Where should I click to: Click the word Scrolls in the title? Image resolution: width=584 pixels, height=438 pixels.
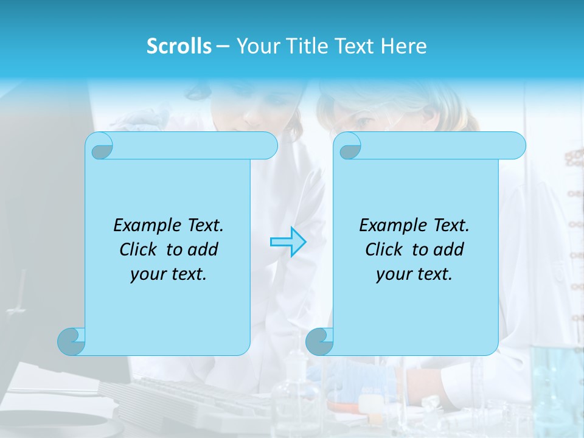(179, 46)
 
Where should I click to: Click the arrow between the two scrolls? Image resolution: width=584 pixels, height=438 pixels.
(288, 242)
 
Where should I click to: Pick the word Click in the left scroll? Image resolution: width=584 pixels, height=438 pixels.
(140, 250)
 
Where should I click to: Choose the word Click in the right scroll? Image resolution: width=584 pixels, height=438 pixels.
(384, 250)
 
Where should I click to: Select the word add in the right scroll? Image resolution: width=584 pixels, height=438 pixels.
(448, 250)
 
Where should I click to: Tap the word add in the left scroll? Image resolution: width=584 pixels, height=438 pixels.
(203, 250)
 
